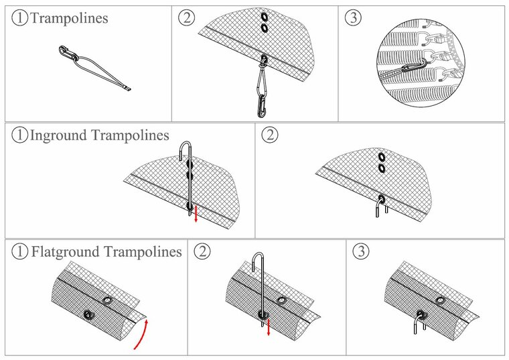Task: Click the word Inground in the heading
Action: pyautogui.click(x=59, y=135)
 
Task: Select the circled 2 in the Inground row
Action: pyautogui.click(x=269, y=135)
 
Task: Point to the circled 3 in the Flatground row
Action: pyautogui.click(x=360, y=252)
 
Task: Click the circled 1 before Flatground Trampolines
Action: pyautogui.click(x=20, y=252)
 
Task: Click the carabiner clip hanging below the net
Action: pyautogui.click(x=261, y=91)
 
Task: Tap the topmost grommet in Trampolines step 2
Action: pyautogui.click(x=264, y=16)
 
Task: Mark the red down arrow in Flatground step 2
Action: pyautogui.click(x=269, y=328)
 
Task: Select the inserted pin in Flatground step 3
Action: pyautogui.click(x=421, y=323)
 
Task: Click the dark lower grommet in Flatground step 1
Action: pyautogui.click(x=88, y=314)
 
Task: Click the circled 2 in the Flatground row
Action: pyautogui.click(x=201, y=252)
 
